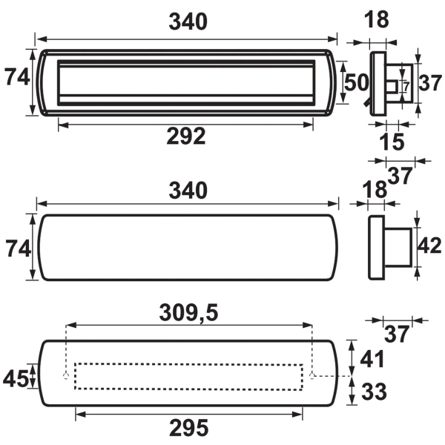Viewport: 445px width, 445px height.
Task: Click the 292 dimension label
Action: click(186, 136)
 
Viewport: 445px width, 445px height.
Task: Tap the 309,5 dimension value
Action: click(188, 313)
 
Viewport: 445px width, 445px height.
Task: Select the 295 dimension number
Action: click(188, 428)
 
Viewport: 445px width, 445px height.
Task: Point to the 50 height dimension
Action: click(356, 82)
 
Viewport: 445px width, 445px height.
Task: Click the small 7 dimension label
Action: click(406, 87)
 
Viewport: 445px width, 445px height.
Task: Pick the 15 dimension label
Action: click(392, 142)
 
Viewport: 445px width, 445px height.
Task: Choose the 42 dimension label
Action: click(430, 245)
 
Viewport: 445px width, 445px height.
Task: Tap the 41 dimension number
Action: click(372, 359)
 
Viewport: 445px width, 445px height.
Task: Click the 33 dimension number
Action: click(374, 392)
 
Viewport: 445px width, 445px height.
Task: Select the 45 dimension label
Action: click(16, 379)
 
